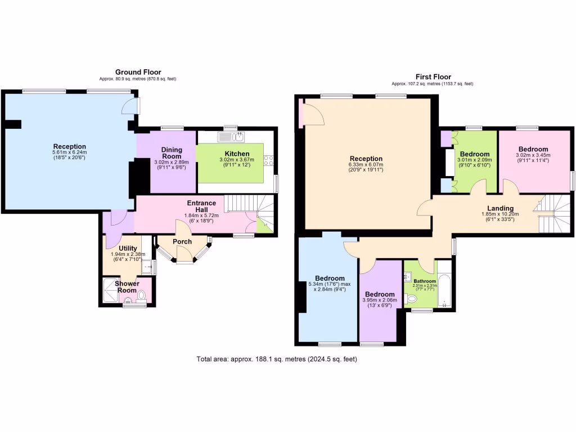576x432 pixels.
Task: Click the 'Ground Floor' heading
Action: pyautogui.click(x=138, y=72)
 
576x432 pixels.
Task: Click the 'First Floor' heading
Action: pyautogui.click(x=433, y=77)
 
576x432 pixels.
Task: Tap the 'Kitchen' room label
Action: pyautogui.click(x=237, y=154)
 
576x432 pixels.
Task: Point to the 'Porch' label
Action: pyautogui.click(x=182, y=242)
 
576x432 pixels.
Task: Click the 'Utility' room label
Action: pyautogui.click(x=129, y=248)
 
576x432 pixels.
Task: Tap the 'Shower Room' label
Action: pyautogui.click(x=127, y=287)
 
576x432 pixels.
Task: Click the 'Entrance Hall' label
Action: pyautogui.click(x=201, y=206)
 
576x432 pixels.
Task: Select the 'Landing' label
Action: pyautogui.click(x=500, y=208)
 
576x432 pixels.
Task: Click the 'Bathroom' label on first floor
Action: pyautogui.click(x=425, y=281)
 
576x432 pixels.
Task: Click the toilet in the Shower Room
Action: pyautogui.click(x=141, y=295)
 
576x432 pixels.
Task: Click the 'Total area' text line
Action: pyautogui.click(x=277, y=359)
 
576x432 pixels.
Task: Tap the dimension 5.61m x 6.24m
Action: pyautogui.click(x=70, y=152)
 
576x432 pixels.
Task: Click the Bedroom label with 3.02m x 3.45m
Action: pyautogui.click(x=533, y=149)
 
